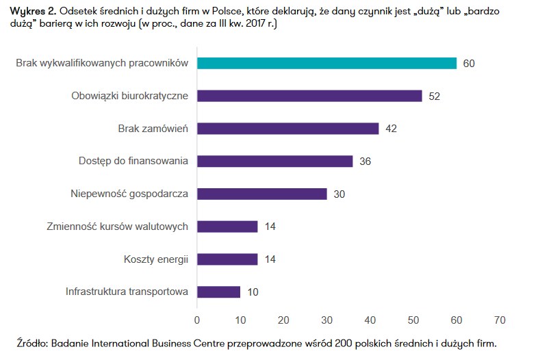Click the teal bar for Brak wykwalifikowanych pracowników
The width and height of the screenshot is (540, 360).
[326, 63]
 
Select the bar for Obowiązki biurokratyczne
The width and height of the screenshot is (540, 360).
[309, 96]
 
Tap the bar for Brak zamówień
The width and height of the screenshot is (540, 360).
[287, 129]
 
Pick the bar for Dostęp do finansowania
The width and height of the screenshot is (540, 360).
[274, 162]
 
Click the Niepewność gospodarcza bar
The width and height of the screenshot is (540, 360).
[261, 194]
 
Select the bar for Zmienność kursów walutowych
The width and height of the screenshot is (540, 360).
[227, 227]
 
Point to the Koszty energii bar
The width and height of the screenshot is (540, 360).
[227, 259]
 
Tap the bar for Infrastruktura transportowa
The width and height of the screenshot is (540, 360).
[218, 292]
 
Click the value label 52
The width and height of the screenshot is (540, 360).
[434, 97]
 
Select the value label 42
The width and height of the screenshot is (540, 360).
[391, 129]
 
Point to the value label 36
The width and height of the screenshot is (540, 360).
[365, 162]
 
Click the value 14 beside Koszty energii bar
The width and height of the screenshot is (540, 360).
[270, 259]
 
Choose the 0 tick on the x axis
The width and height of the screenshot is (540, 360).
[197, 320]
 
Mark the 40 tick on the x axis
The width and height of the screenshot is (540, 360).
[370, 320]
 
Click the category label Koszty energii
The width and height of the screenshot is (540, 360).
[156, 259]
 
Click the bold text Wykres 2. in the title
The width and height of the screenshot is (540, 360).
[32, 11]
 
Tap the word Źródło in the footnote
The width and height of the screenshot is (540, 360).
[31, 342]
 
